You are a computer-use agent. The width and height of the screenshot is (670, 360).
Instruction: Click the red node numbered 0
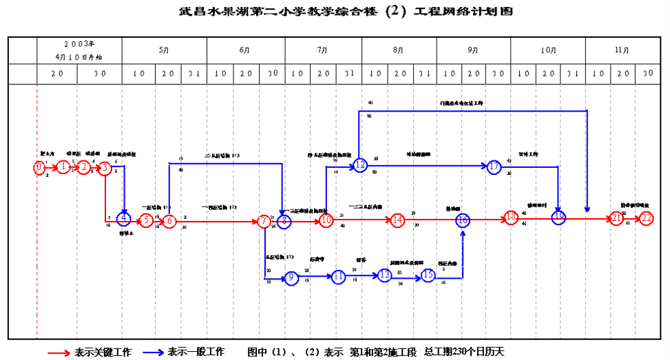[40, 167]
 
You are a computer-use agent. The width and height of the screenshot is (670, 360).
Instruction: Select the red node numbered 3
[105, 167]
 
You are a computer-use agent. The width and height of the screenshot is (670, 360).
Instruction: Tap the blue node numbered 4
[124, 220]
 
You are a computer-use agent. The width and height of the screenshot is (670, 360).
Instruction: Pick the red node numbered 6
[168, 221]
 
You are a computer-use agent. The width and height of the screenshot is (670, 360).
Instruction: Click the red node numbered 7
[264, 221]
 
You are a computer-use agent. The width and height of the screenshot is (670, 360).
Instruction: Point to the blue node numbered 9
[291, 277]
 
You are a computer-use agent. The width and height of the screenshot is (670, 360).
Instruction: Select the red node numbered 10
[326, 221]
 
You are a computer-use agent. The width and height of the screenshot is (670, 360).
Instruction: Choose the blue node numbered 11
[338, 277]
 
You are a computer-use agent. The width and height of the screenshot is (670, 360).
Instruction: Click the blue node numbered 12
[360, 165]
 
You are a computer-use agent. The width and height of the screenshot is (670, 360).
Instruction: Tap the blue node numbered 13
[384, 275]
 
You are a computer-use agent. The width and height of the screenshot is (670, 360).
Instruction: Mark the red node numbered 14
[397, 221]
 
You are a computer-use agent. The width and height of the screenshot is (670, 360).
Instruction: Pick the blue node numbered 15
[428, 275]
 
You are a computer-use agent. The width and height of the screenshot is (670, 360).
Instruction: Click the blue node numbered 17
[494, 167]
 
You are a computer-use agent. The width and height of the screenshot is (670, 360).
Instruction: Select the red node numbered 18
[510, 218]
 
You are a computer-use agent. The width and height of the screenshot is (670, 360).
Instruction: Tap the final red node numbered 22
[646, 218]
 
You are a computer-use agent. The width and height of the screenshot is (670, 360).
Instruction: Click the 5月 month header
[163, 50]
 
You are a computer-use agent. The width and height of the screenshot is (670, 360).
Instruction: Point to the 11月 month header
[621, 50]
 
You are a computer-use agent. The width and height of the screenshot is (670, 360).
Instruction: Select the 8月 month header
[398, 50]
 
